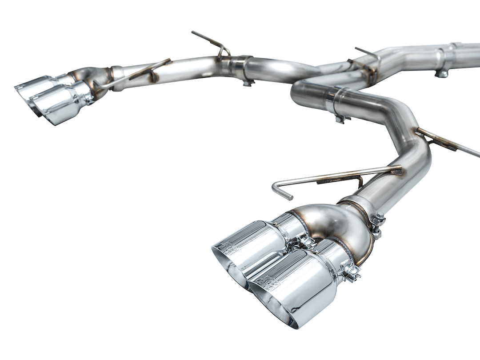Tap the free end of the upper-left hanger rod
(x=195, y=33)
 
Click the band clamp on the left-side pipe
(x=243, y=69)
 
